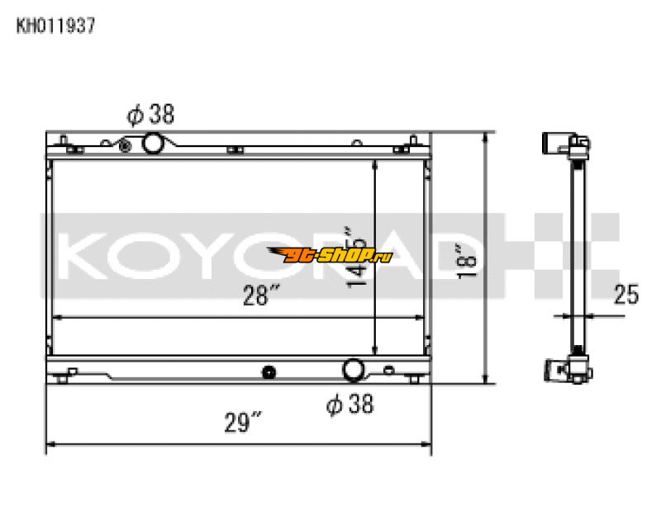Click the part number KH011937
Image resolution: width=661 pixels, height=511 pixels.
click(56, 26)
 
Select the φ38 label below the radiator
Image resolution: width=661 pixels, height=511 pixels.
click(350, 404)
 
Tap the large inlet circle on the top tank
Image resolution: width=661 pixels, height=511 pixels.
click(154, 144)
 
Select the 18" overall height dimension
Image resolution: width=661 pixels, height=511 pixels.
click(468, 258)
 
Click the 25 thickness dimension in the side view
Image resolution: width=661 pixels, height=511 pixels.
click(626, 294)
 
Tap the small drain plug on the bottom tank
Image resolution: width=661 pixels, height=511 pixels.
click(268, 372)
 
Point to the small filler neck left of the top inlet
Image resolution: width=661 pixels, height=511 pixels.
click(125, 146)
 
